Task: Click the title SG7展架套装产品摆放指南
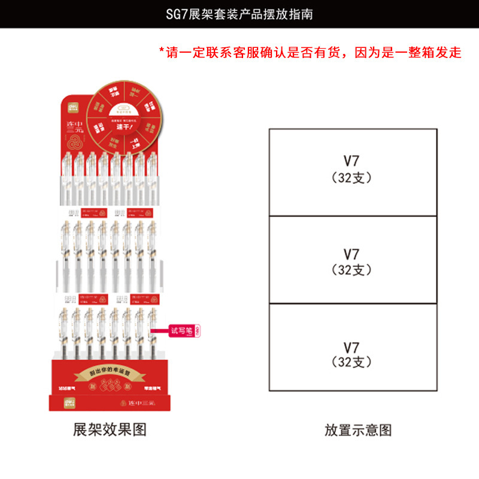click(x=239, y=14)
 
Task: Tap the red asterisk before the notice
click(x=161, y=52)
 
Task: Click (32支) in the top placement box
click(x=351, y=178)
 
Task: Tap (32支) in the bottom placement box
click(x=351, y=363)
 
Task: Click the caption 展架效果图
click(x=110, y=429)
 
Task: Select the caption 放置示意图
click(x=358, y=429)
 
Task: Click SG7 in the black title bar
click(x=177, y=14)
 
